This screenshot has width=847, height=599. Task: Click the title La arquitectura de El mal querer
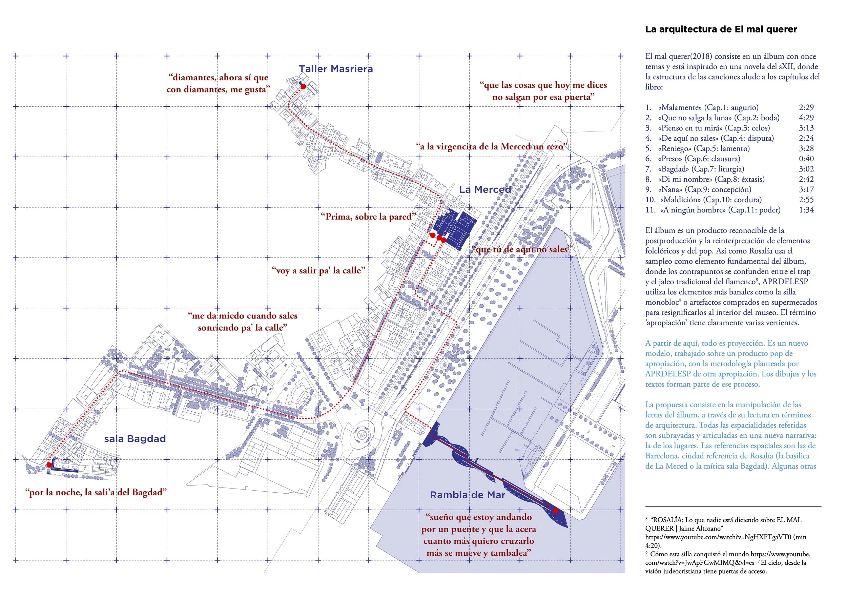[721, 29]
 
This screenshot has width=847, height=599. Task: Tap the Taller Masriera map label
[336, 69]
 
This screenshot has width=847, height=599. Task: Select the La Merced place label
[485, 190]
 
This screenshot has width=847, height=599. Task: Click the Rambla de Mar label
[468, 495]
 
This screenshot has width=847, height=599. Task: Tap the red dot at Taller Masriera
[303, 87]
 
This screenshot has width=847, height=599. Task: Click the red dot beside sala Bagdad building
[49, 465]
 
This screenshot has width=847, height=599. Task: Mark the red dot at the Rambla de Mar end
[556, 511]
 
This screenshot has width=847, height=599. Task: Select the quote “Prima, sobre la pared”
[368, 216]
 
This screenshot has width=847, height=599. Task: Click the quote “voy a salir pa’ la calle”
[318, 270]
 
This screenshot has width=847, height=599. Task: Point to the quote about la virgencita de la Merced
[491, 146]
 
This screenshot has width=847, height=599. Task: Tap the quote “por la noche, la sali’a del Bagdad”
[96, 492]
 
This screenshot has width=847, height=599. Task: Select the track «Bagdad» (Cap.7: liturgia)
[701, 169]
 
